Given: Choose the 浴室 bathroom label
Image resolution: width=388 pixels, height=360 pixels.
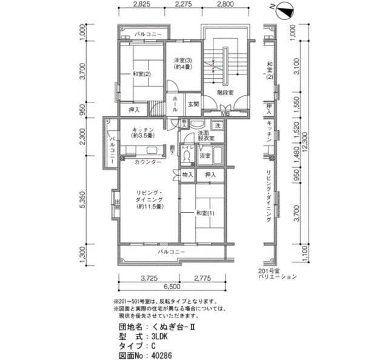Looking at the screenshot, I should point(205,155).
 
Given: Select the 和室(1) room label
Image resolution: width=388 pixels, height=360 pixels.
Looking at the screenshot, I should point(205,213).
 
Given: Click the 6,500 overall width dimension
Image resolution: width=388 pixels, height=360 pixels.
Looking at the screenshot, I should point(172,287).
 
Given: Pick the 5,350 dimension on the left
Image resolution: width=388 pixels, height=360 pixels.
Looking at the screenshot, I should point(82,202).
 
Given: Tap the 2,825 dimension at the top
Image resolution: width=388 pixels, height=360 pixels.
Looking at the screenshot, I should point(141,4).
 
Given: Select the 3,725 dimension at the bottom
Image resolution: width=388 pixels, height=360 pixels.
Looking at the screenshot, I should point(149,278).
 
